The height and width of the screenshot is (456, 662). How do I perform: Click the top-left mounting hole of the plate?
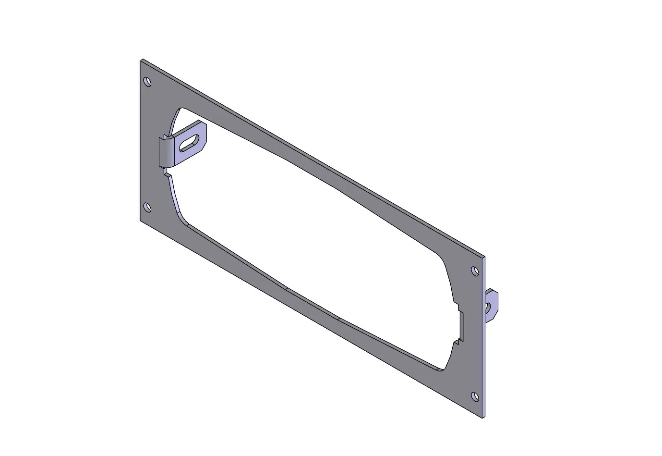147,82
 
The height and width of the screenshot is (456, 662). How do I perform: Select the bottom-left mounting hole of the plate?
147,208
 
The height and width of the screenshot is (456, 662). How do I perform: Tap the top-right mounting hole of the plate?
475,271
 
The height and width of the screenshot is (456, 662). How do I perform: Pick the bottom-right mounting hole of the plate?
475,397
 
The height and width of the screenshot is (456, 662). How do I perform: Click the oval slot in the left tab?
189,142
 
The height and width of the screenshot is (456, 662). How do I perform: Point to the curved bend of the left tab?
165,151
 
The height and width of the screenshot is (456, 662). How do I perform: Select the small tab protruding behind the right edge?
492,305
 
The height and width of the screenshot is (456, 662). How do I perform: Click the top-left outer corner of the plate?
141,61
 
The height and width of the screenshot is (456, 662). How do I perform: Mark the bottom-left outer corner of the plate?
141,221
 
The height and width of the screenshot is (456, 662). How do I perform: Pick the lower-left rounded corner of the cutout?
181,218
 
